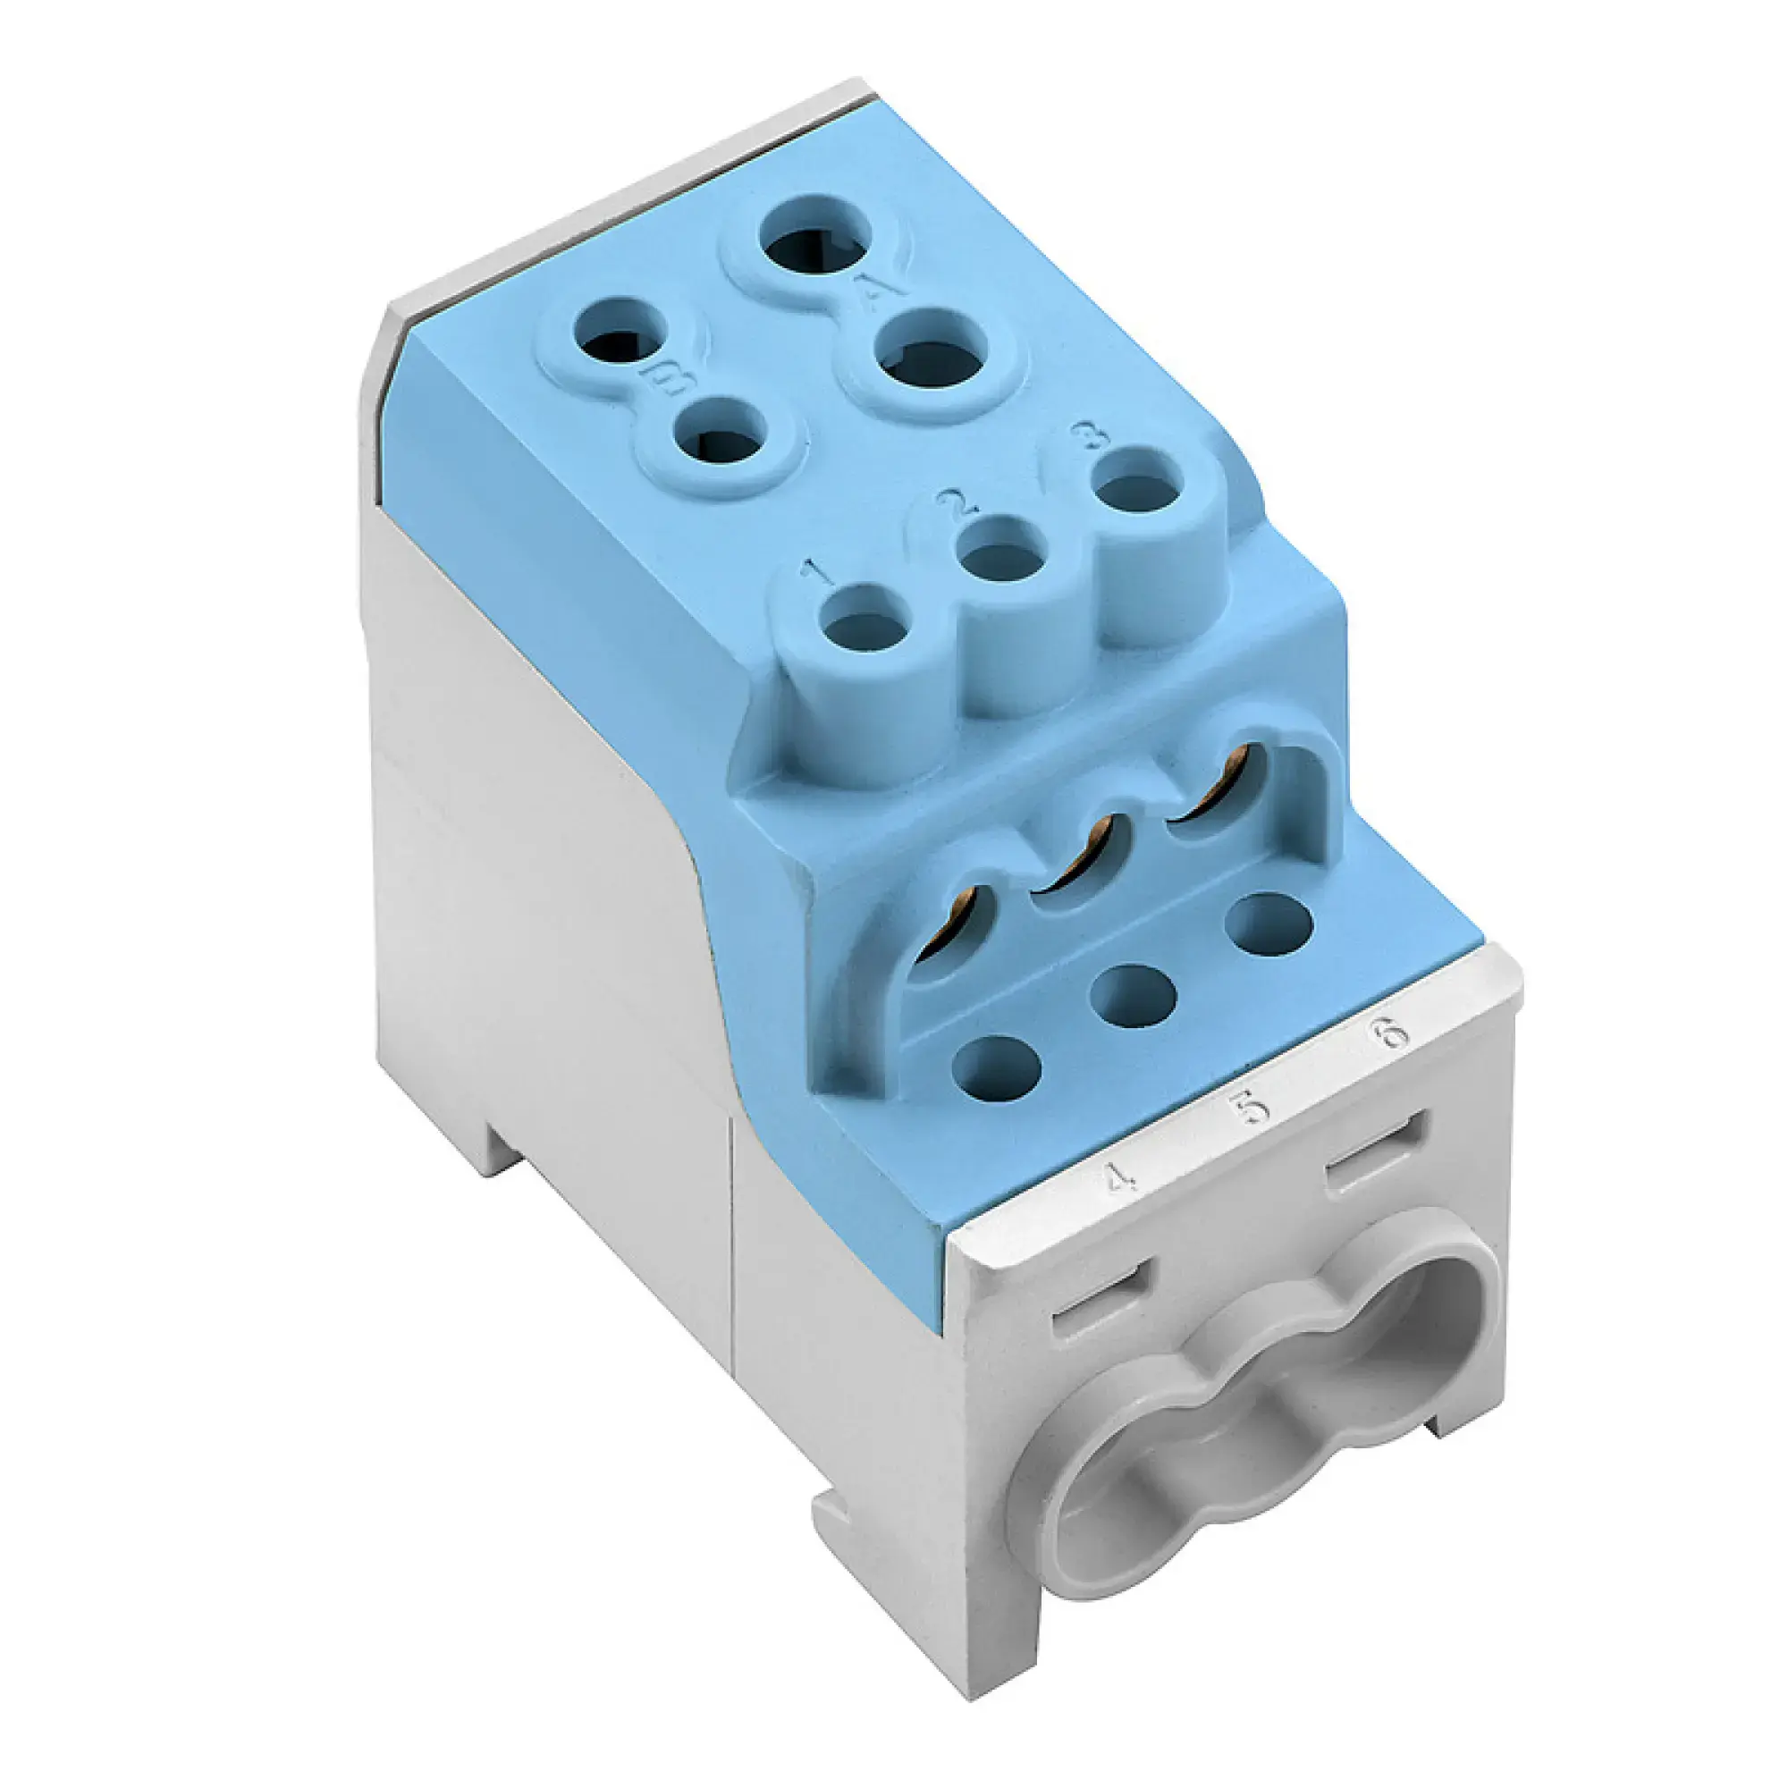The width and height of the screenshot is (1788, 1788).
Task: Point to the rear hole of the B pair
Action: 621,341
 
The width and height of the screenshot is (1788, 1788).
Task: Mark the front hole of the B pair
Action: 721,442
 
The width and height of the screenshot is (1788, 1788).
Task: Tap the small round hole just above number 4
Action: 996,1067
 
